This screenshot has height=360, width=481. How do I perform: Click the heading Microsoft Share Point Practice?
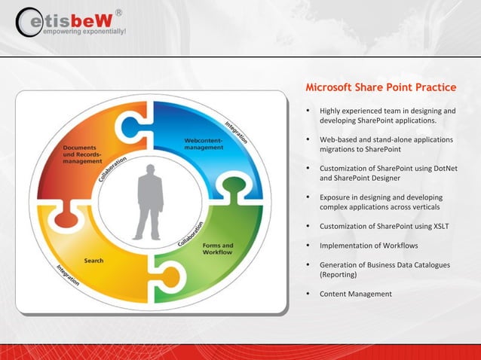coord(381,87)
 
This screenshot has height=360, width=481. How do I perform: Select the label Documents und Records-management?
coord(82,154)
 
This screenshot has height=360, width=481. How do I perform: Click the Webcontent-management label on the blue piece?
coord(204,144)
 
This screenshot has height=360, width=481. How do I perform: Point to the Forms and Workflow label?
coord(218,249)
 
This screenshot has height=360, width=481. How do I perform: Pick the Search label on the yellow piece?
coord(94,261)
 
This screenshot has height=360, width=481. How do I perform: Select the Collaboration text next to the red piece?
coord(112,169)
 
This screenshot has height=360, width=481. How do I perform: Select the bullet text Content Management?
coord(356,294)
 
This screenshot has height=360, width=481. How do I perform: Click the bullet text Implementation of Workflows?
coord(369,246)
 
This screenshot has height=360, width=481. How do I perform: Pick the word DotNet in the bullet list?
coord(444,168)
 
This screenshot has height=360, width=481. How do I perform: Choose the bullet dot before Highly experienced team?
coord(308,111)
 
